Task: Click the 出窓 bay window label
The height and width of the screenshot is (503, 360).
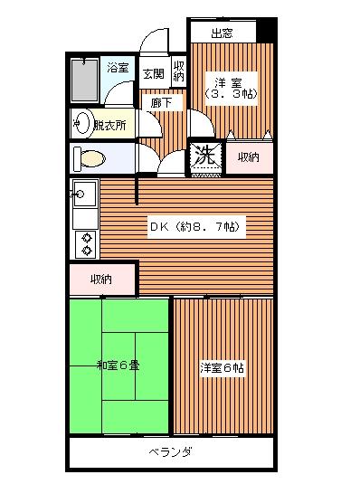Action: click(x=222, y=33)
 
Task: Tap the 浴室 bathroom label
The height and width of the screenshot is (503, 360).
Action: click(x=118, y=68)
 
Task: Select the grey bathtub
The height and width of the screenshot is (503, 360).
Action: click(x=84, y=81)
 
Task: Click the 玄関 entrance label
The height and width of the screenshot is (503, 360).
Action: click(x=154, y=74)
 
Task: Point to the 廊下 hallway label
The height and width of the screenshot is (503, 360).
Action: click(x=161, y=103)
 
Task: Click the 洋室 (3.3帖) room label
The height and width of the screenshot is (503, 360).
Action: click(x=231, y=89)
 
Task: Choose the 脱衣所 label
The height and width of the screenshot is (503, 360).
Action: click(x=109, y=126)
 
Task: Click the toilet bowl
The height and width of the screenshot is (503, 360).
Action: click(x=90, y=158)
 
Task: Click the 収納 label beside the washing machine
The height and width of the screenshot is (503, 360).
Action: click(x=249, y=157)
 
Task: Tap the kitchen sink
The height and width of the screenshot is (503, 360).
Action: click(x=85, y=194)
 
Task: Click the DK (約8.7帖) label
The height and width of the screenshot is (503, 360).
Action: click(x=195, y=227)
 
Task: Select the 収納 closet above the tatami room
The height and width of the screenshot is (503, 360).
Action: click(x=102, y=279)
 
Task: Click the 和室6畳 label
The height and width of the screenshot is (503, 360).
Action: click(x=118, y=365)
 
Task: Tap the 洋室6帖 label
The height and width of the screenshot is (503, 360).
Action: click(x=222, y=367)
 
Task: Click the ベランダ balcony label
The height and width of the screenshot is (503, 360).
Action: click(x=170, y=452)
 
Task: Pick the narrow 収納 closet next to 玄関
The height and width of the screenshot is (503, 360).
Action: click(x=179, y=71)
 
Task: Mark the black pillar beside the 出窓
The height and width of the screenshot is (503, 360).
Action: click(x=266, y=30)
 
